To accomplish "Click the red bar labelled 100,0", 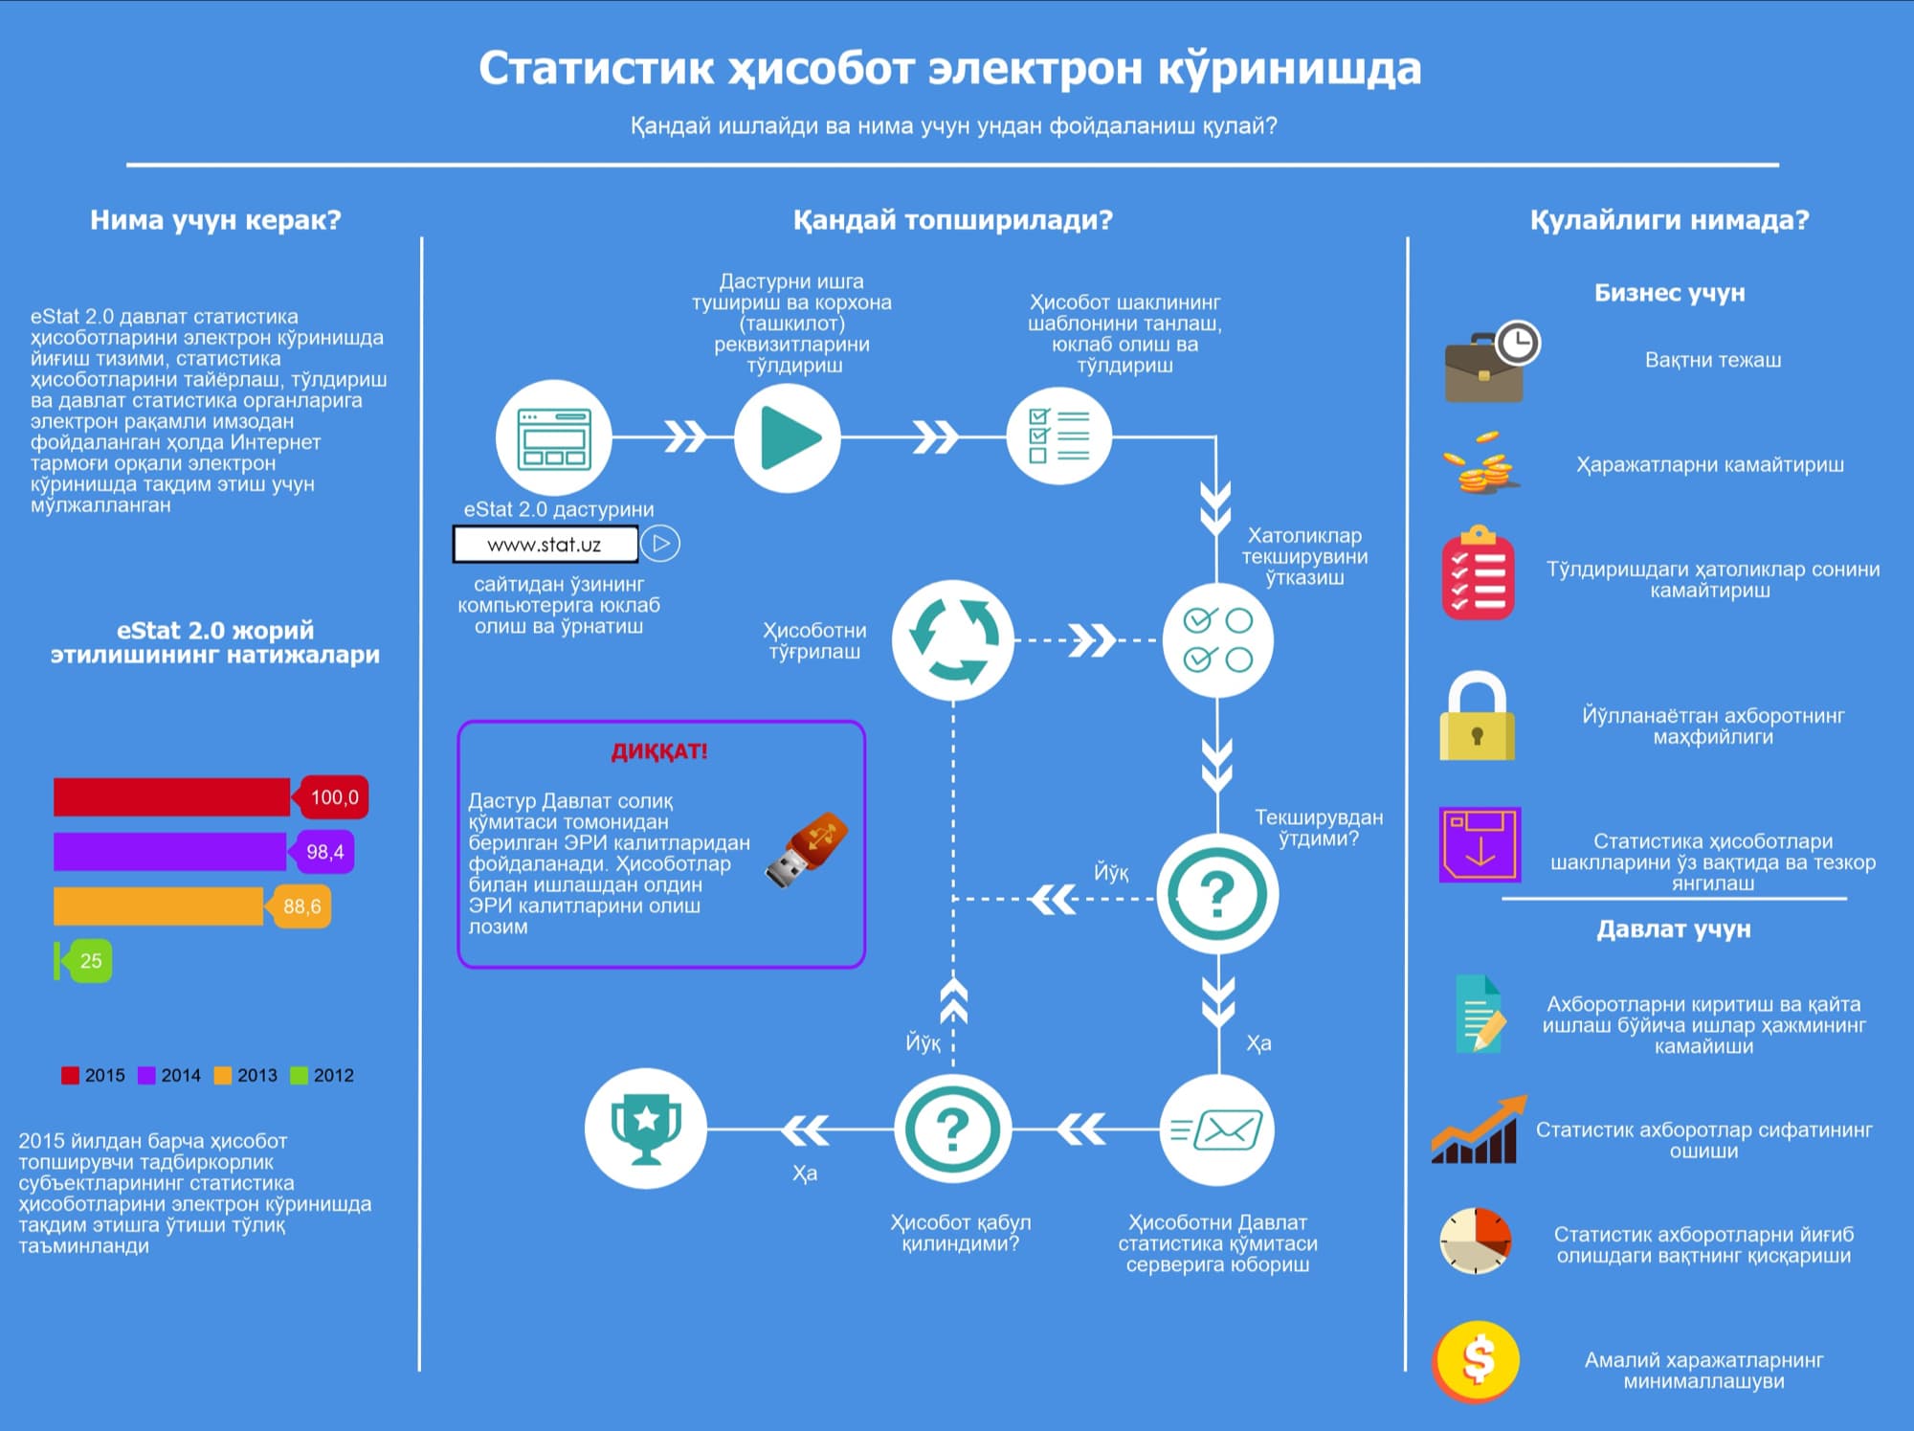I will click(172, 797).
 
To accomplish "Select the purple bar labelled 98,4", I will click(170, 852).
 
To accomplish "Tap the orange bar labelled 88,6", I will click(159, 906).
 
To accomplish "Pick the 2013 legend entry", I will click(246, 1075).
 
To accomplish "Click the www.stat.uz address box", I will click(545, 545).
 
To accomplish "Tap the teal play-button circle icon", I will click(788, 437).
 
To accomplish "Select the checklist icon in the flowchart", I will click(1058, 437).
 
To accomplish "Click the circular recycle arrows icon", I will click(953, 639).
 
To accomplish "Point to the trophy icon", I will click(646, 1129).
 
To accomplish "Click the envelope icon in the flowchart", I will click(1216, 1130).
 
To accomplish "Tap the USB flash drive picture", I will click(806, 849).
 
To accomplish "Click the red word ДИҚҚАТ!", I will click(659, 751).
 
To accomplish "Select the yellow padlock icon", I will click(1477, 718).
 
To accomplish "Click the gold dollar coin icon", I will click(1478, 1360).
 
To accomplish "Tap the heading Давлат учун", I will click(1673, 929).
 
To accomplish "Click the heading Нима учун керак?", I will click(215, 220).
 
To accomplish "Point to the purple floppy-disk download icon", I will click(1480, 845).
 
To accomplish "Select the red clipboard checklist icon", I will click(1479, 573).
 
